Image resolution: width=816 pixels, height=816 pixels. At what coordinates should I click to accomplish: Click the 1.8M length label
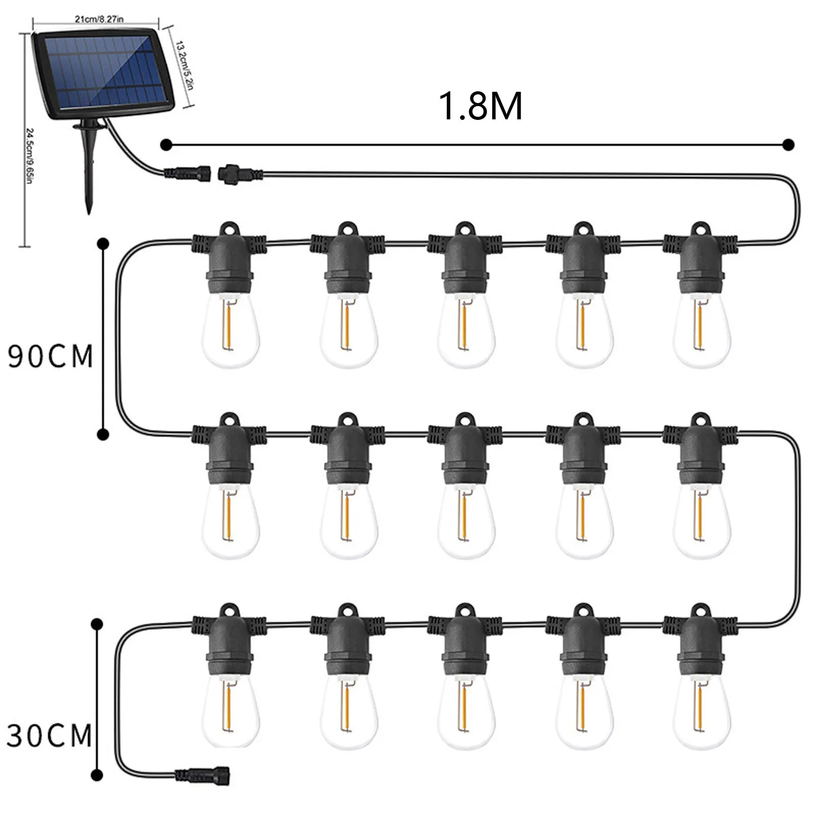[x=481, y=106]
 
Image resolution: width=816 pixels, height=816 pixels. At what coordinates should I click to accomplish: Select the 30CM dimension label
[x=49, y=736]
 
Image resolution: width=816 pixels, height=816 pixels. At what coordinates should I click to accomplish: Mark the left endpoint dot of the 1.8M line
[x=164, y=145]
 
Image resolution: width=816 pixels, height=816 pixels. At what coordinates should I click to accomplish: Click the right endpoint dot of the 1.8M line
[x=788, y=145]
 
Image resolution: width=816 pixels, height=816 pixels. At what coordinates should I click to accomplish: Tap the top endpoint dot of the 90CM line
[x=103, y=244]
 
